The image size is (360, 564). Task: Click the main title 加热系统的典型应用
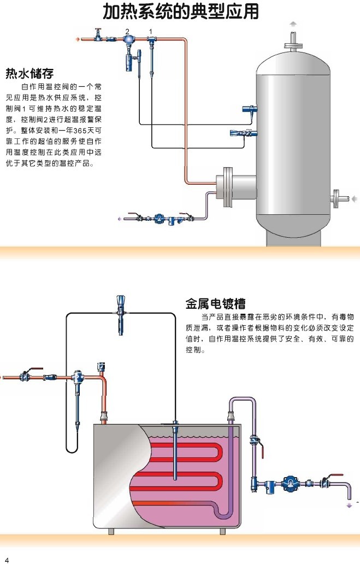(x=181, y=11)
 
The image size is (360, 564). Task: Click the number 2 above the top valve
(x=127, y=30)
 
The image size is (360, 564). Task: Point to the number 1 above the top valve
(x=151, y=30)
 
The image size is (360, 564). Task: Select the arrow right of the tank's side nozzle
(x=355, y=198)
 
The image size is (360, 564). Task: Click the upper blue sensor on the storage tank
(x=249, y=109)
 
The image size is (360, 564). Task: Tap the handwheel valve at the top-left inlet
(x=98, y=36)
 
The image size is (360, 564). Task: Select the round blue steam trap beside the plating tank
(x=289, y=483)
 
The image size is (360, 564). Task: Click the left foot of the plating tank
(x=112, y=532)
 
